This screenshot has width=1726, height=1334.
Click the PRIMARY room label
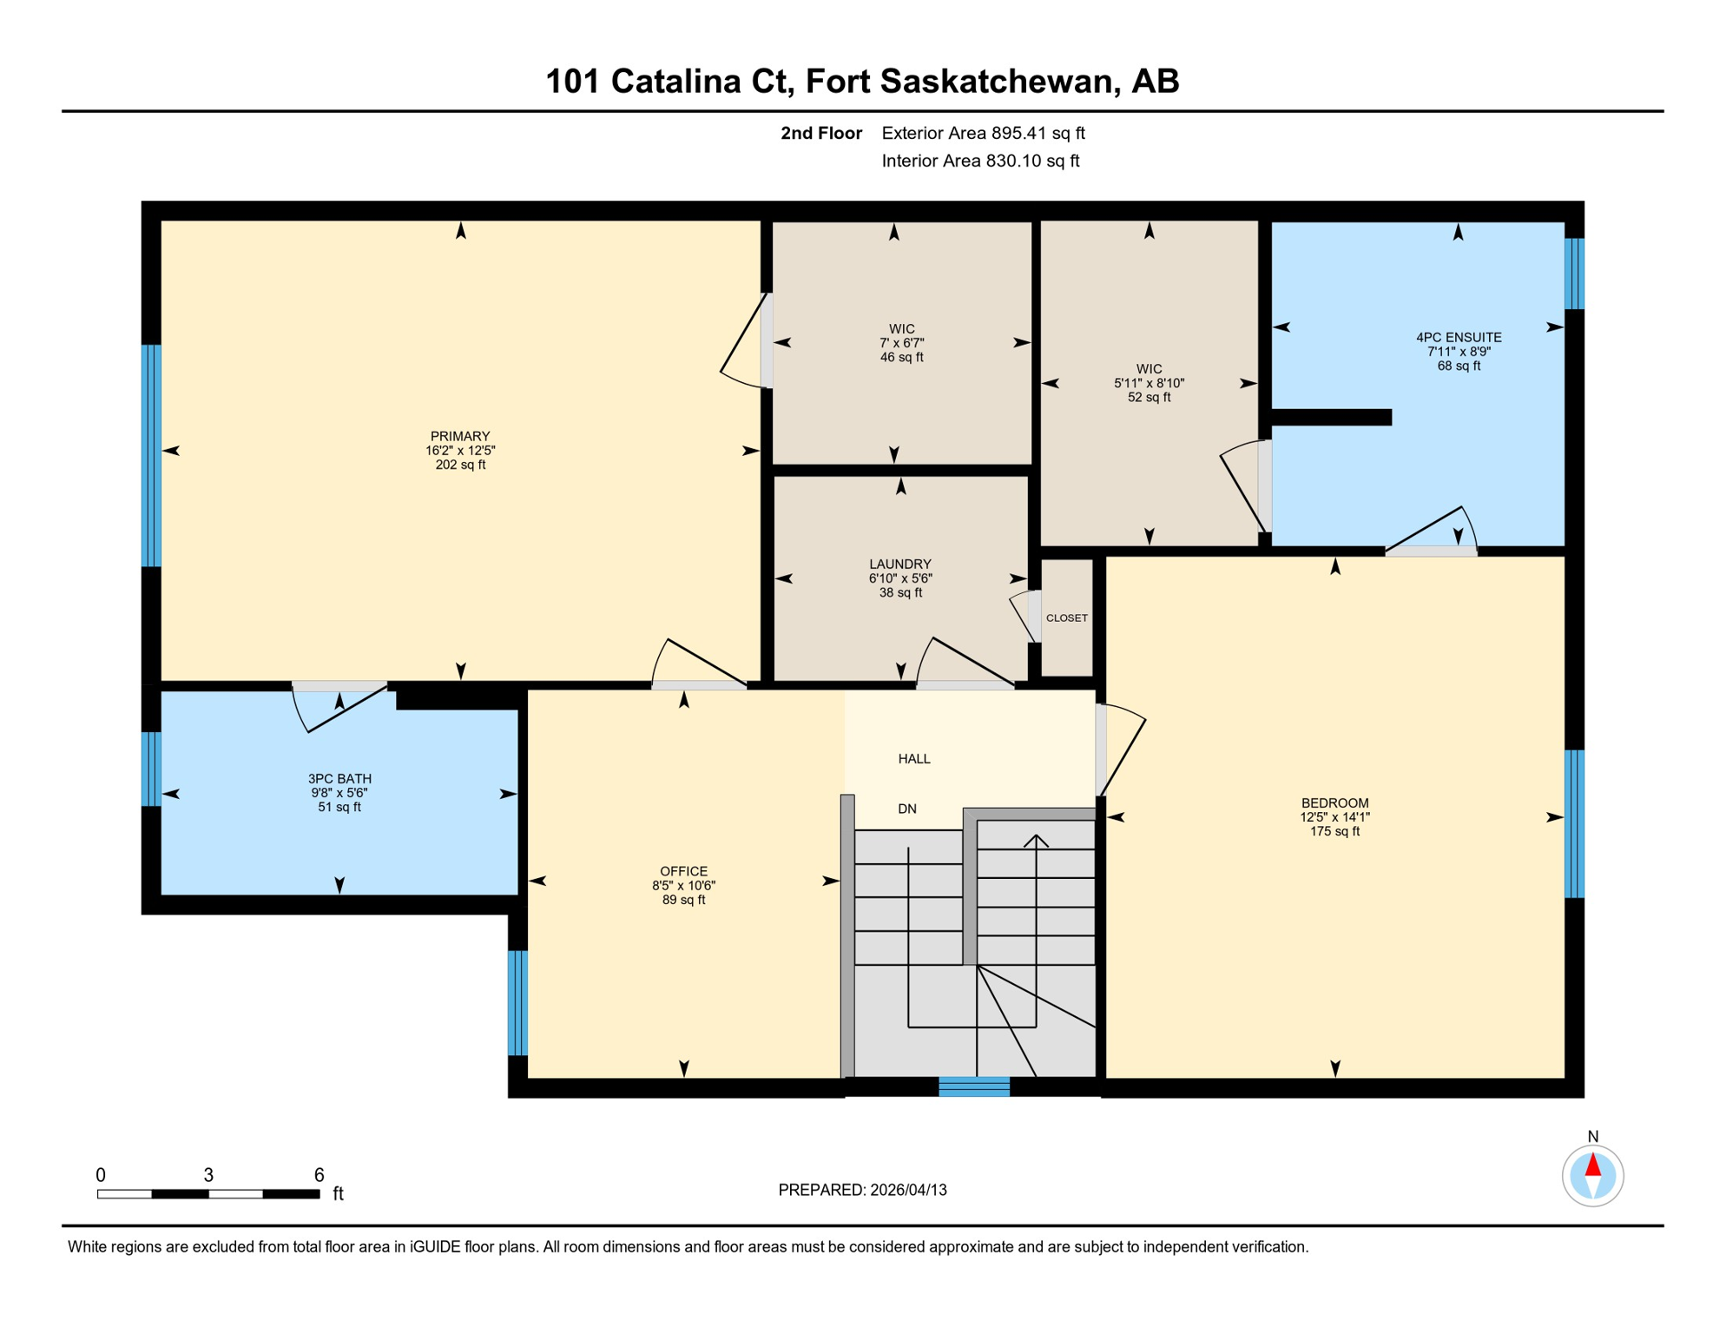point(460,436)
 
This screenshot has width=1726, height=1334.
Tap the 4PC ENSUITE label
point(1459,337)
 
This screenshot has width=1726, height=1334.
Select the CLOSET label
point(1066,618)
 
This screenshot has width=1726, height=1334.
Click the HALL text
point(914,759)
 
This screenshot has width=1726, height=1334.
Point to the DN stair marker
point(907,809)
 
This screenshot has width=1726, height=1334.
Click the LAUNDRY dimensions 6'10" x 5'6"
point(900,578)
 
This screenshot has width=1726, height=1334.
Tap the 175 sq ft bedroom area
point(1334,832)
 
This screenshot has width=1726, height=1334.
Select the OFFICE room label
point(683,871)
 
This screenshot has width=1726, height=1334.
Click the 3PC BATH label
point(339,779)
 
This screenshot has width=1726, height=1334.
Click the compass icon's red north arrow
point(1593,1166)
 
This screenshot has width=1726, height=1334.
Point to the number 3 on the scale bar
point(208,1175)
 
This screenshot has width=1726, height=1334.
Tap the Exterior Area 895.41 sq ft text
point(983,133)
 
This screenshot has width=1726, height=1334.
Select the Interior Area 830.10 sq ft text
point(980,161)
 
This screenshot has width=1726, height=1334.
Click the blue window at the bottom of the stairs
point(974,1086)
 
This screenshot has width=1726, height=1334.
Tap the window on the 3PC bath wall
point(151,769)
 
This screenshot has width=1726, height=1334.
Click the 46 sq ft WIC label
point(901,357)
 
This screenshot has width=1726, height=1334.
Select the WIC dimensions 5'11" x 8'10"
point(1149,383)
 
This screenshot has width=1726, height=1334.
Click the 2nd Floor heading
point(820,133)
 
